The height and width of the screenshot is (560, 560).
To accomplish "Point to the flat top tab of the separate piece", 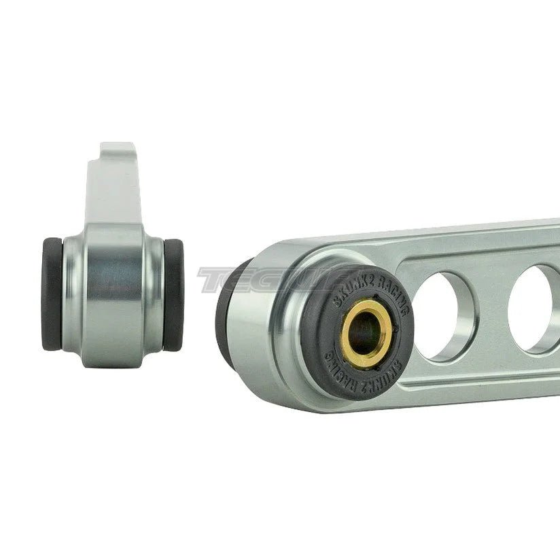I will [116, 147].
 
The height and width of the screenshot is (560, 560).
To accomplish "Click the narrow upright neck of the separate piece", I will [112, 190].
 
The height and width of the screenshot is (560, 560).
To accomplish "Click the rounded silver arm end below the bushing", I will [299, 381].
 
